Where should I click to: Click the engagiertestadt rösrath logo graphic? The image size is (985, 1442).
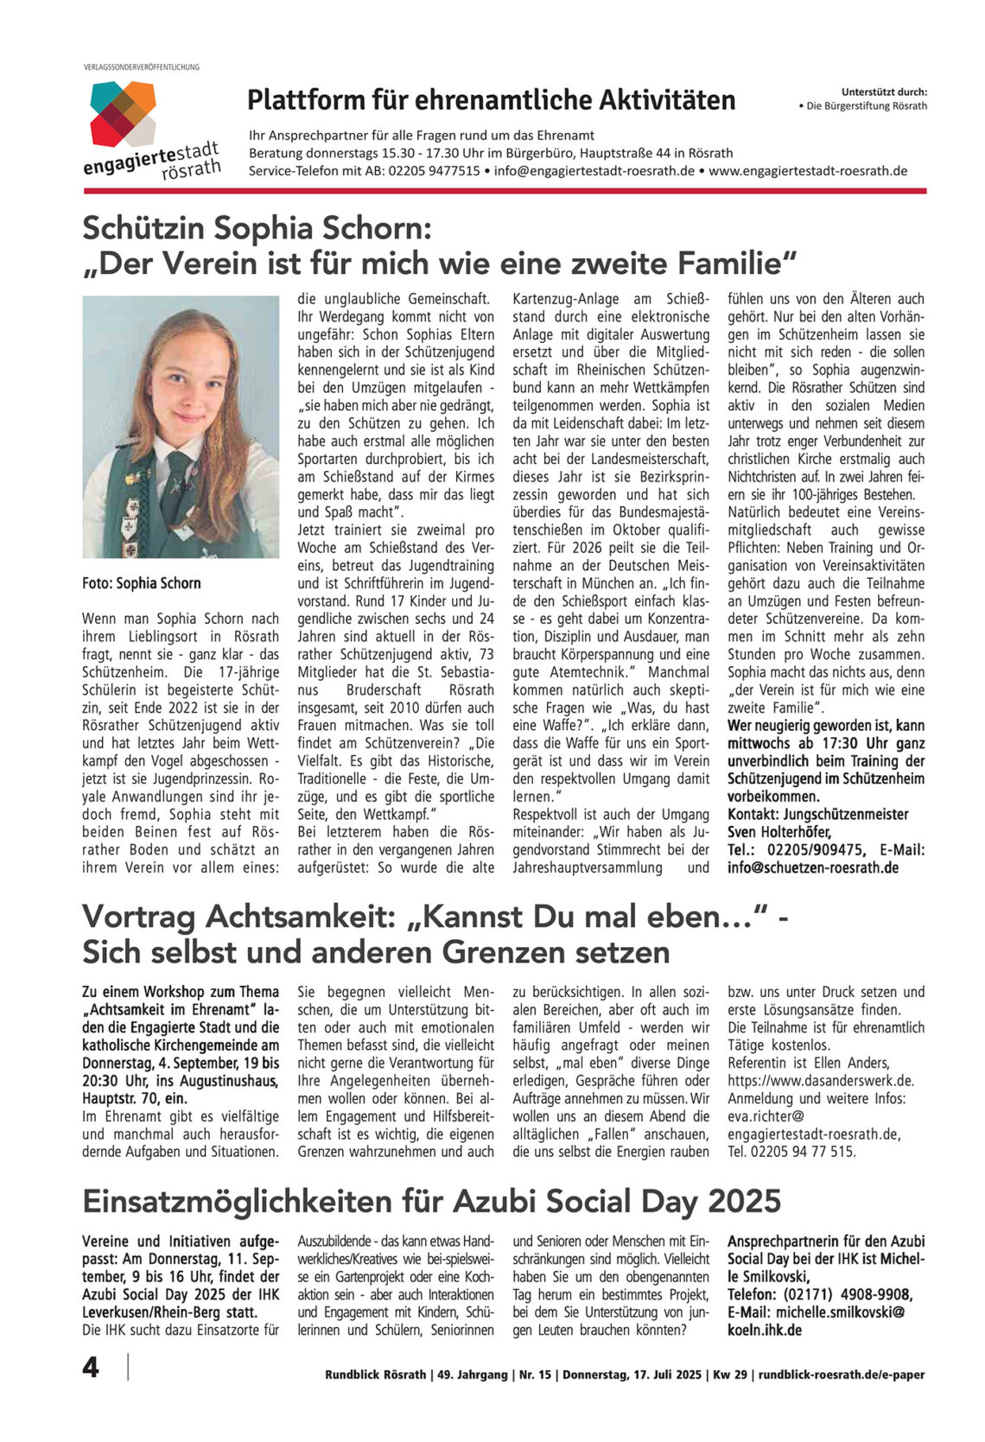(123, 112)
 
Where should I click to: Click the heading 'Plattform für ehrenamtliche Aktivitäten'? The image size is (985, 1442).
(491, 100)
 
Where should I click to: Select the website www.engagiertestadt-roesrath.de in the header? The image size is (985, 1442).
(808, 170)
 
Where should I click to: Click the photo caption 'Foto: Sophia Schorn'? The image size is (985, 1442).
(142, 583)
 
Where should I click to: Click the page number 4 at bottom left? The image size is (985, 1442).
(91, 1368)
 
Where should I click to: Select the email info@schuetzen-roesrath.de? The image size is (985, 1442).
(813, 867)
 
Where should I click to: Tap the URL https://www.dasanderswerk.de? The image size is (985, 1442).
(820, 1080)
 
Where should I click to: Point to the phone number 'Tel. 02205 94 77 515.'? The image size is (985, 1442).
(791, 1151)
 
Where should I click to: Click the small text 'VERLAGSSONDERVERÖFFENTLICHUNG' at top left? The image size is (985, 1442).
(142, 67)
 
